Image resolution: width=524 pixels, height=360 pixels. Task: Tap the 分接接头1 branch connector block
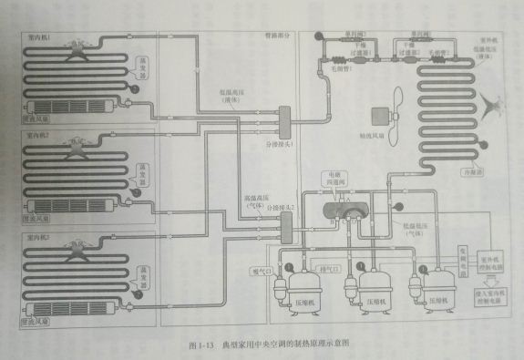(283, 118)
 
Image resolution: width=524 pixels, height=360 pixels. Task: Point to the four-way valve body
(344, 208)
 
